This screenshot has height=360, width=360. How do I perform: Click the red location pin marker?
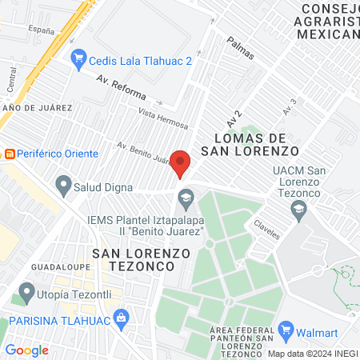coord(181,163)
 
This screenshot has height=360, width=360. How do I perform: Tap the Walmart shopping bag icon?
coord(287,329)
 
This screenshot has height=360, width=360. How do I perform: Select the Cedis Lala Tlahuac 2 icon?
coord(78,57)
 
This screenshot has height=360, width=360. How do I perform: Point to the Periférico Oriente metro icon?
coord(10,153)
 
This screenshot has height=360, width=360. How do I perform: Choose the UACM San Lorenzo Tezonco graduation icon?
coord(299,210)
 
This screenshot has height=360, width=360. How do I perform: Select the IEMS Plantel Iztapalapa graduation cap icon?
coord(186,196)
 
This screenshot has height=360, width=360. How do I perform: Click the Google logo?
coord(26,350)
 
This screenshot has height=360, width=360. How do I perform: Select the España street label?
coord(41,30)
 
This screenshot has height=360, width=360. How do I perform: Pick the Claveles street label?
coord(267,229)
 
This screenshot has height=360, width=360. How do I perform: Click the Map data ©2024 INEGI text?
coord(312,353)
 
